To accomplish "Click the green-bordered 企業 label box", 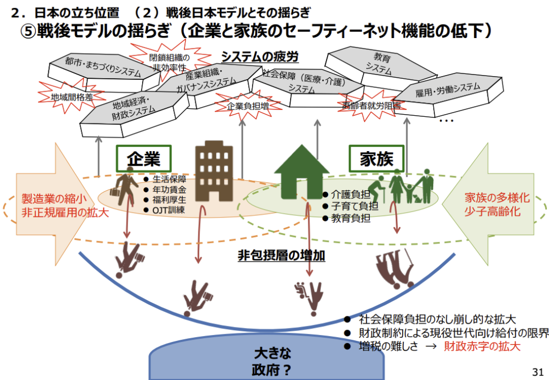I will (143, 159).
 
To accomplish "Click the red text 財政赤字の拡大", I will (482, 346).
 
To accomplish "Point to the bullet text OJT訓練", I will (168, 210).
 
